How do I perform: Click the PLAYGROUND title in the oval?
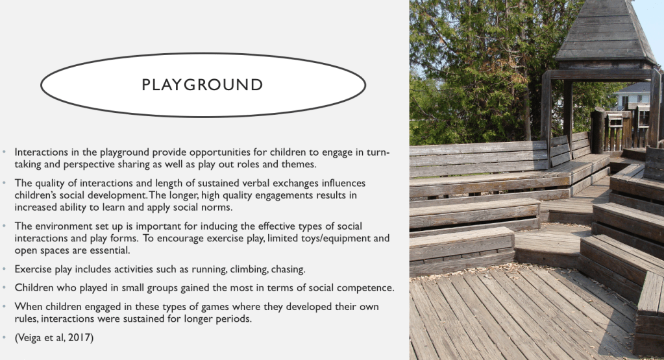203,84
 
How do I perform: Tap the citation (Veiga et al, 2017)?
54,337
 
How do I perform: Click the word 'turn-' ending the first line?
378,152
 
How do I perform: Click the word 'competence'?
367,288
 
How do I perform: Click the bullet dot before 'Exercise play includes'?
5,269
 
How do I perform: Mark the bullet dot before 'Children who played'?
5,287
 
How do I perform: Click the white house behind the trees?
633,97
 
